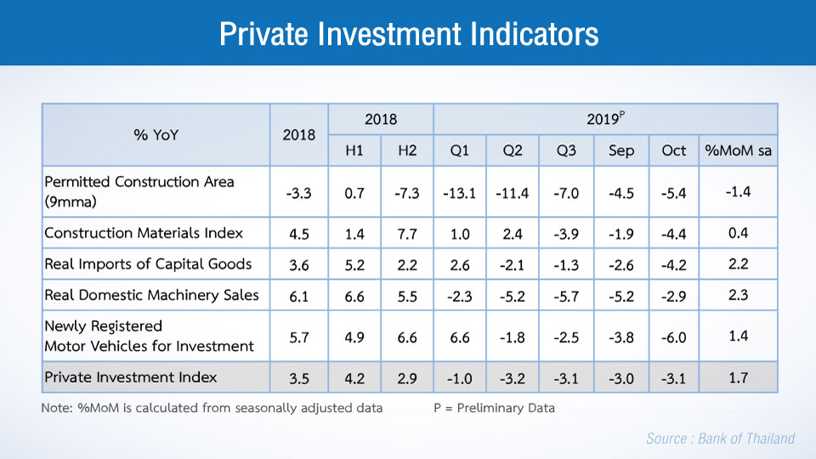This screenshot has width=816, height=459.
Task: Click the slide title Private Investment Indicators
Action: (408, 34)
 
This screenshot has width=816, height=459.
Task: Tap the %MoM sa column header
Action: (738, 150)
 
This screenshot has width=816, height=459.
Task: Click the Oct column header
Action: (673, 150)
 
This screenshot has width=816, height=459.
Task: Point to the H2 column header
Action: (407, 150)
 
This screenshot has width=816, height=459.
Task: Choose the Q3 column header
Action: (566, 150)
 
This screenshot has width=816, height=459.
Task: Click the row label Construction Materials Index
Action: (144, 233)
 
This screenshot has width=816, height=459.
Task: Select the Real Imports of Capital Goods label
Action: (148, 264)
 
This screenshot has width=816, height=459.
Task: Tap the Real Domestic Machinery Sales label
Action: (151, 295)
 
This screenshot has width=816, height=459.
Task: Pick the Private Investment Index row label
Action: (131, 377)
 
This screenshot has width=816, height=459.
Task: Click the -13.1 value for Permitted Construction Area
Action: (460, 193)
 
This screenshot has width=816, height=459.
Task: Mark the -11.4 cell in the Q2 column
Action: (513, 193)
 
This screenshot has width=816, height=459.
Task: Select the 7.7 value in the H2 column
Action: (407, 234)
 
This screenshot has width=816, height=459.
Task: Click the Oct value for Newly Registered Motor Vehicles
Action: (673, 337)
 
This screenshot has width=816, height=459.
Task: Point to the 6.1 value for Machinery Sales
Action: (298, 296)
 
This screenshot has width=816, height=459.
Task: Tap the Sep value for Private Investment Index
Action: (620, 377)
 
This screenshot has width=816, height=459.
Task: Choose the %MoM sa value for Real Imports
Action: (738, 263)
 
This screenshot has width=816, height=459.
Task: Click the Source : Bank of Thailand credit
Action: (720, 439)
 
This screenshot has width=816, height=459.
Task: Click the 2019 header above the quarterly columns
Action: (605, 119)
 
